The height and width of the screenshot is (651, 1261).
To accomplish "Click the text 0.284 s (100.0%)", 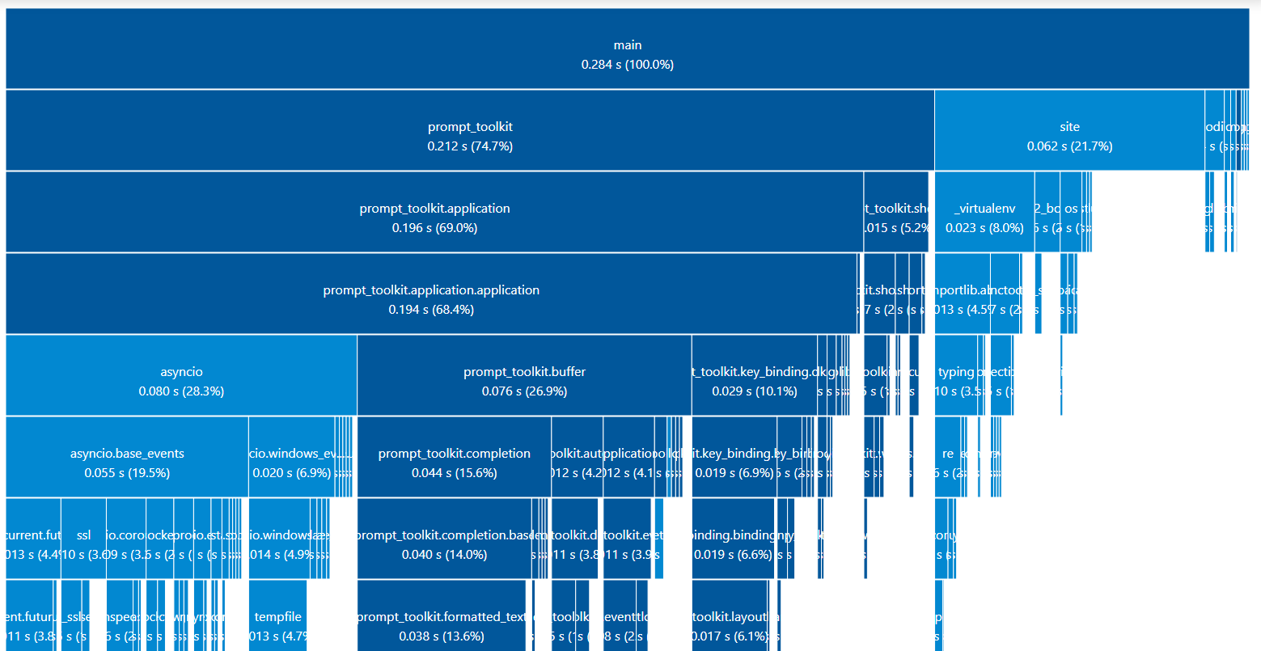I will (627, 65).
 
